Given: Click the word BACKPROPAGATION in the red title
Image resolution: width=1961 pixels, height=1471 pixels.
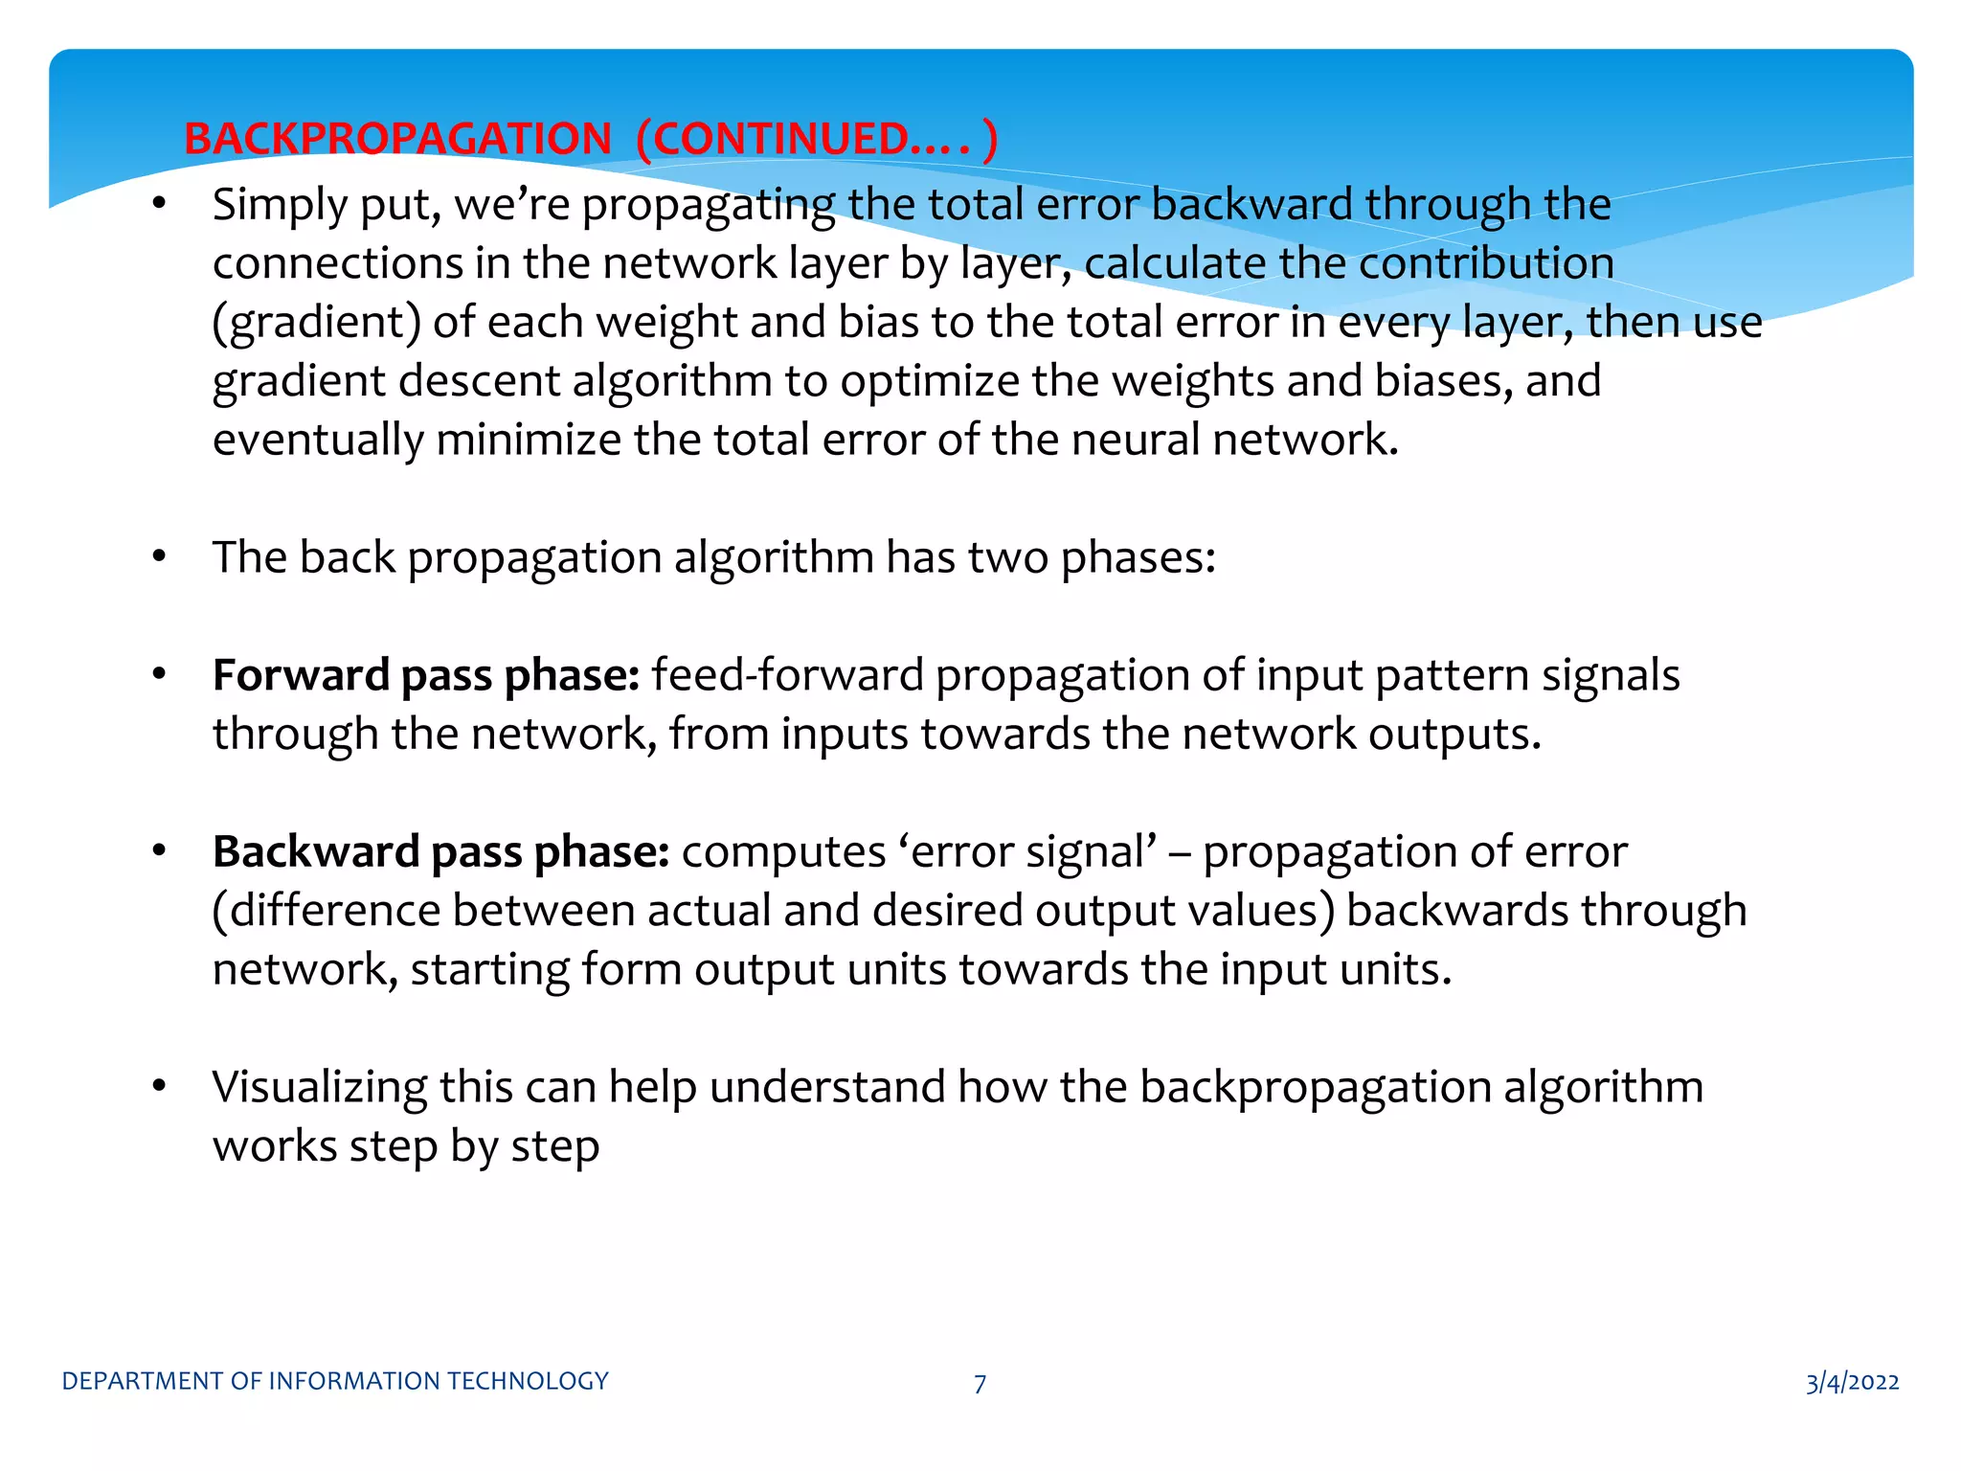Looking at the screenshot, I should point(397,139).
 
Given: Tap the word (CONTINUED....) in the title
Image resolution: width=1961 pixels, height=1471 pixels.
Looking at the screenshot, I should point(817,139).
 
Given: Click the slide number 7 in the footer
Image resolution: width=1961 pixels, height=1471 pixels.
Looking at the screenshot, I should point(980,1383).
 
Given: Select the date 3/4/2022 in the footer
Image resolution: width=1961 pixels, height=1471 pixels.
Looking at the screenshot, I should point(1852,1382).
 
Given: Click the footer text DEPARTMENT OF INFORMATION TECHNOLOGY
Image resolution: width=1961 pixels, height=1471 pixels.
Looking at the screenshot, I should point(335,1381).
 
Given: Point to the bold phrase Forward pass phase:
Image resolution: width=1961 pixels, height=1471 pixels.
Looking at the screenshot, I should point(426,676).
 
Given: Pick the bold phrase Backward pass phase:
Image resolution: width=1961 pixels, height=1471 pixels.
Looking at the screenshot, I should point(440,852).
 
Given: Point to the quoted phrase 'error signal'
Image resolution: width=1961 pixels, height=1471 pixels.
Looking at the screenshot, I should point(1027,852).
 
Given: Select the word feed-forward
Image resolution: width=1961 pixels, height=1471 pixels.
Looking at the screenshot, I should point(787,676).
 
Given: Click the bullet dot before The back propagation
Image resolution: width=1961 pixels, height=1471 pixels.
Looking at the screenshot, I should point(160,556).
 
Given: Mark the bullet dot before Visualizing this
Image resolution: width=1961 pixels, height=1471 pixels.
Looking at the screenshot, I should point(160,1086).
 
